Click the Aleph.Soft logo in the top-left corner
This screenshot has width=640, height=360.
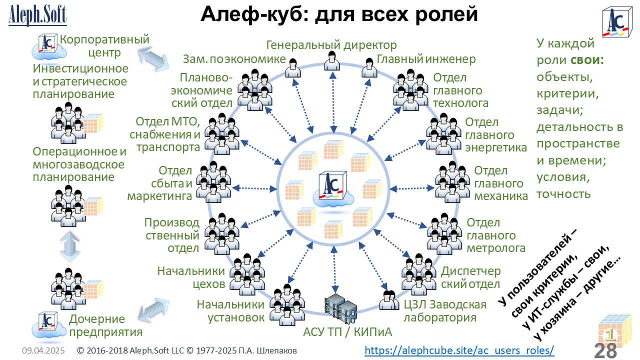pos(37,15)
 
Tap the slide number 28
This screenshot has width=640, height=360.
pos(605,350)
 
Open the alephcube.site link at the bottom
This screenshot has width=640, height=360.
pos(459,350)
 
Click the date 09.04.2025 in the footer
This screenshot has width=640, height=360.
pos(43,350)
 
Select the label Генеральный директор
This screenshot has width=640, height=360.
pos(331,45)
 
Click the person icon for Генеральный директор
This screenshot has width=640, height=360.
pos(332,60)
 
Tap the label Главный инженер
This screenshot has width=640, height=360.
pos(426,59)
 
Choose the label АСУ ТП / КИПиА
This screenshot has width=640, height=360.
pos(347,332)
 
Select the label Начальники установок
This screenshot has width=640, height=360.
pos(230,311)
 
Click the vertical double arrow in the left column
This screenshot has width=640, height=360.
pos(69,247)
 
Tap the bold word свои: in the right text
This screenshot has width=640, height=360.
pos(587,60)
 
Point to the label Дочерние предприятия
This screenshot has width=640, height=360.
pos(105,325)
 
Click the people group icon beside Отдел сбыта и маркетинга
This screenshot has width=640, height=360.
pos(213,181)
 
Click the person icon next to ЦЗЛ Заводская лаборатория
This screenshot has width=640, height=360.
pos(389,300)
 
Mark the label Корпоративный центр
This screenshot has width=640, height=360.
pos(104,45)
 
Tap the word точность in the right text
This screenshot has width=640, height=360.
pos(563,194)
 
